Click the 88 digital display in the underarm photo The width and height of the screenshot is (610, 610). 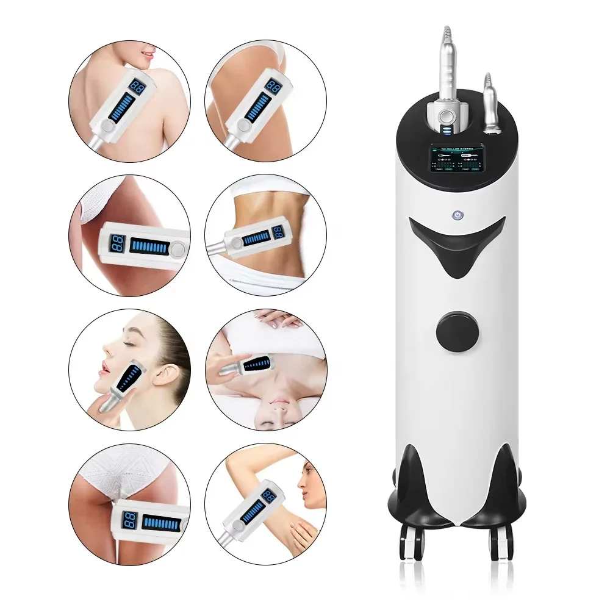[268, 495]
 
